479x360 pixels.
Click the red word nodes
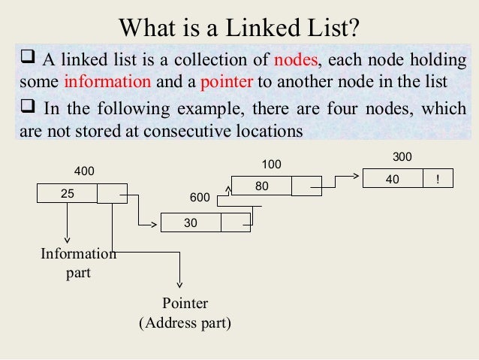tap(296, 60)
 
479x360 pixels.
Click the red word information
tap(98, 81)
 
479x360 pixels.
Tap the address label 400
tap(85, 171)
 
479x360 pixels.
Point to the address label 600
tap(199, 197)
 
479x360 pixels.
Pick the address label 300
tap(403, 157)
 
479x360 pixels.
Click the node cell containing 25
tap(68, 193)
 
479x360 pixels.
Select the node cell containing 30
tap(191, 223)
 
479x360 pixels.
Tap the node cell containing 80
tap(261, 186)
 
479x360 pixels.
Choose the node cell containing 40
tap(392, 179)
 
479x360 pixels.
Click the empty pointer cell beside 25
tap(112, 193)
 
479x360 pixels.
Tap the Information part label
tap(78, 263)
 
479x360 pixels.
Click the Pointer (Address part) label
tap(185, 313)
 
